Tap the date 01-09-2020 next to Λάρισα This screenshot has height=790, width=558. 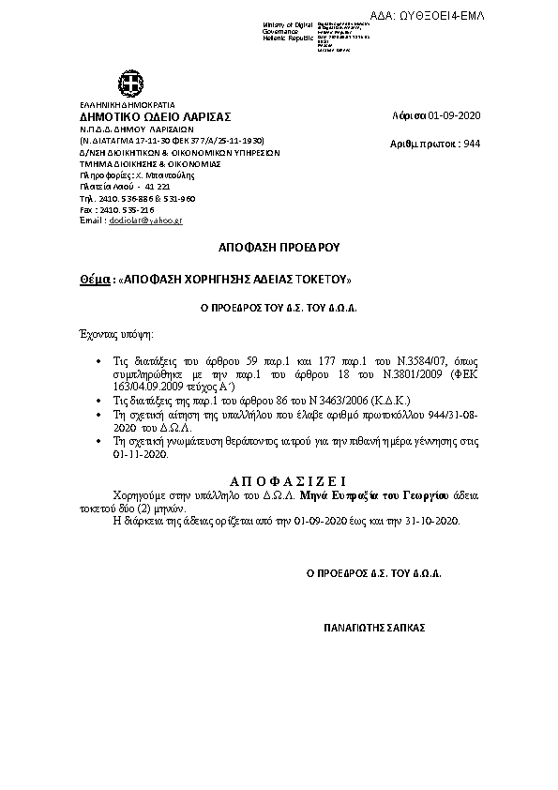(453, 115)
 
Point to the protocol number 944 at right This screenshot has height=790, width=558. (472, 144)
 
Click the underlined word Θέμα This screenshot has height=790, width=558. (94, 280)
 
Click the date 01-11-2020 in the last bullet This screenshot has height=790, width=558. (141, 452)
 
